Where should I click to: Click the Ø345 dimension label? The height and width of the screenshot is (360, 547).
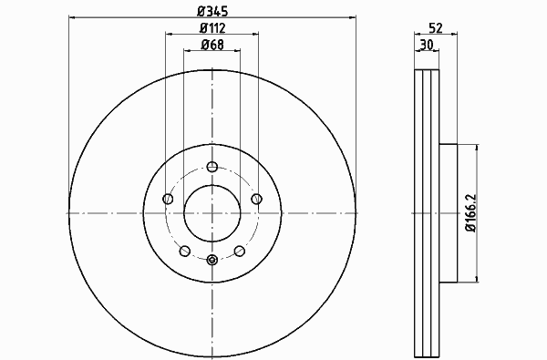tap(212, 11)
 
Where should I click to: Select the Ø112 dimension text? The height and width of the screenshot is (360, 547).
tap(212, 28)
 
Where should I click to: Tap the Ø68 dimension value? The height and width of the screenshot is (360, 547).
tap(212, 45)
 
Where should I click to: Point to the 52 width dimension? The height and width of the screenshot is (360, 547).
tap(436, 28)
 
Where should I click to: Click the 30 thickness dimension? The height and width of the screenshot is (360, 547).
tap(427, 45)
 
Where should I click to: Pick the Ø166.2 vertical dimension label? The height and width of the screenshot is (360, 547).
tap(471, 213)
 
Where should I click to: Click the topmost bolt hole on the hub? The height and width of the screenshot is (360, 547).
tap(212, 167)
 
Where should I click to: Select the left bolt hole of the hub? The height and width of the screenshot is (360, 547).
tap(168, 199)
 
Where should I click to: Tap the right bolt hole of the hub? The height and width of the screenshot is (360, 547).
tap(256, 199)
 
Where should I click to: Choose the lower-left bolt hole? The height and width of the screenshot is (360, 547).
tap(184, 251)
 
